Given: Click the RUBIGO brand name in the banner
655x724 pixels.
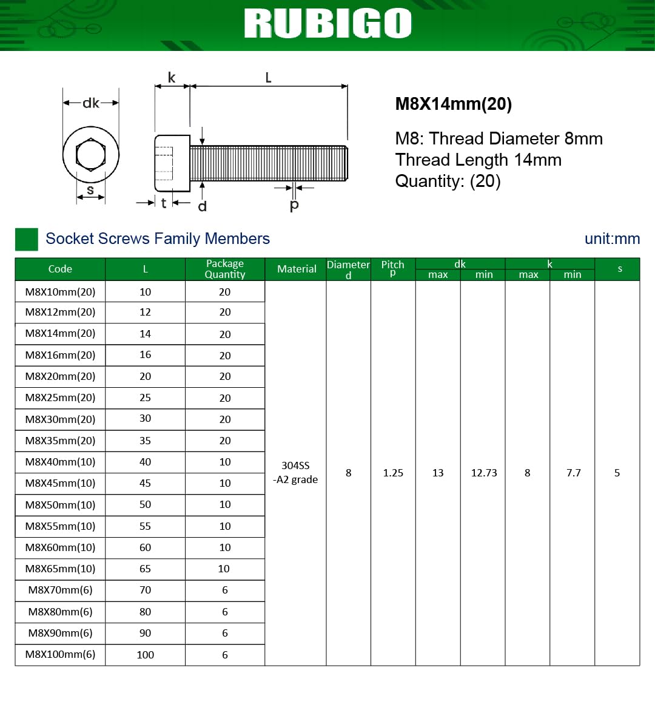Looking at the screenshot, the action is point(327,23).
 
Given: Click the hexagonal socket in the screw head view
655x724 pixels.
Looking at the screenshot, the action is point(90,154).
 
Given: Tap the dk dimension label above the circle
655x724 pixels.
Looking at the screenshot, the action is point(91,103).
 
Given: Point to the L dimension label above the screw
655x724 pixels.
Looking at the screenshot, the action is point(268,78).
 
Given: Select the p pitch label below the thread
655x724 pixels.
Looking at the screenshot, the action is point(294,205).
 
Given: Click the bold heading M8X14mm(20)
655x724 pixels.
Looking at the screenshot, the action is point(453,103).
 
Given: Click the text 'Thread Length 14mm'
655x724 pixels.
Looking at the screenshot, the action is point(478,160).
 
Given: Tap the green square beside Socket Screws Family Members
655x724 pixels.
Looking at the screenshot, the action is point(26,239).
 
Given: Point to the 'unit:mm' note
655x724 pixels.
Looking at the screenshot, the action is point(612,239).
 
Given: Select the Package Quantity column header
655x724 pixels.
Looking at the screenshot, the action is point(225,269).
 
